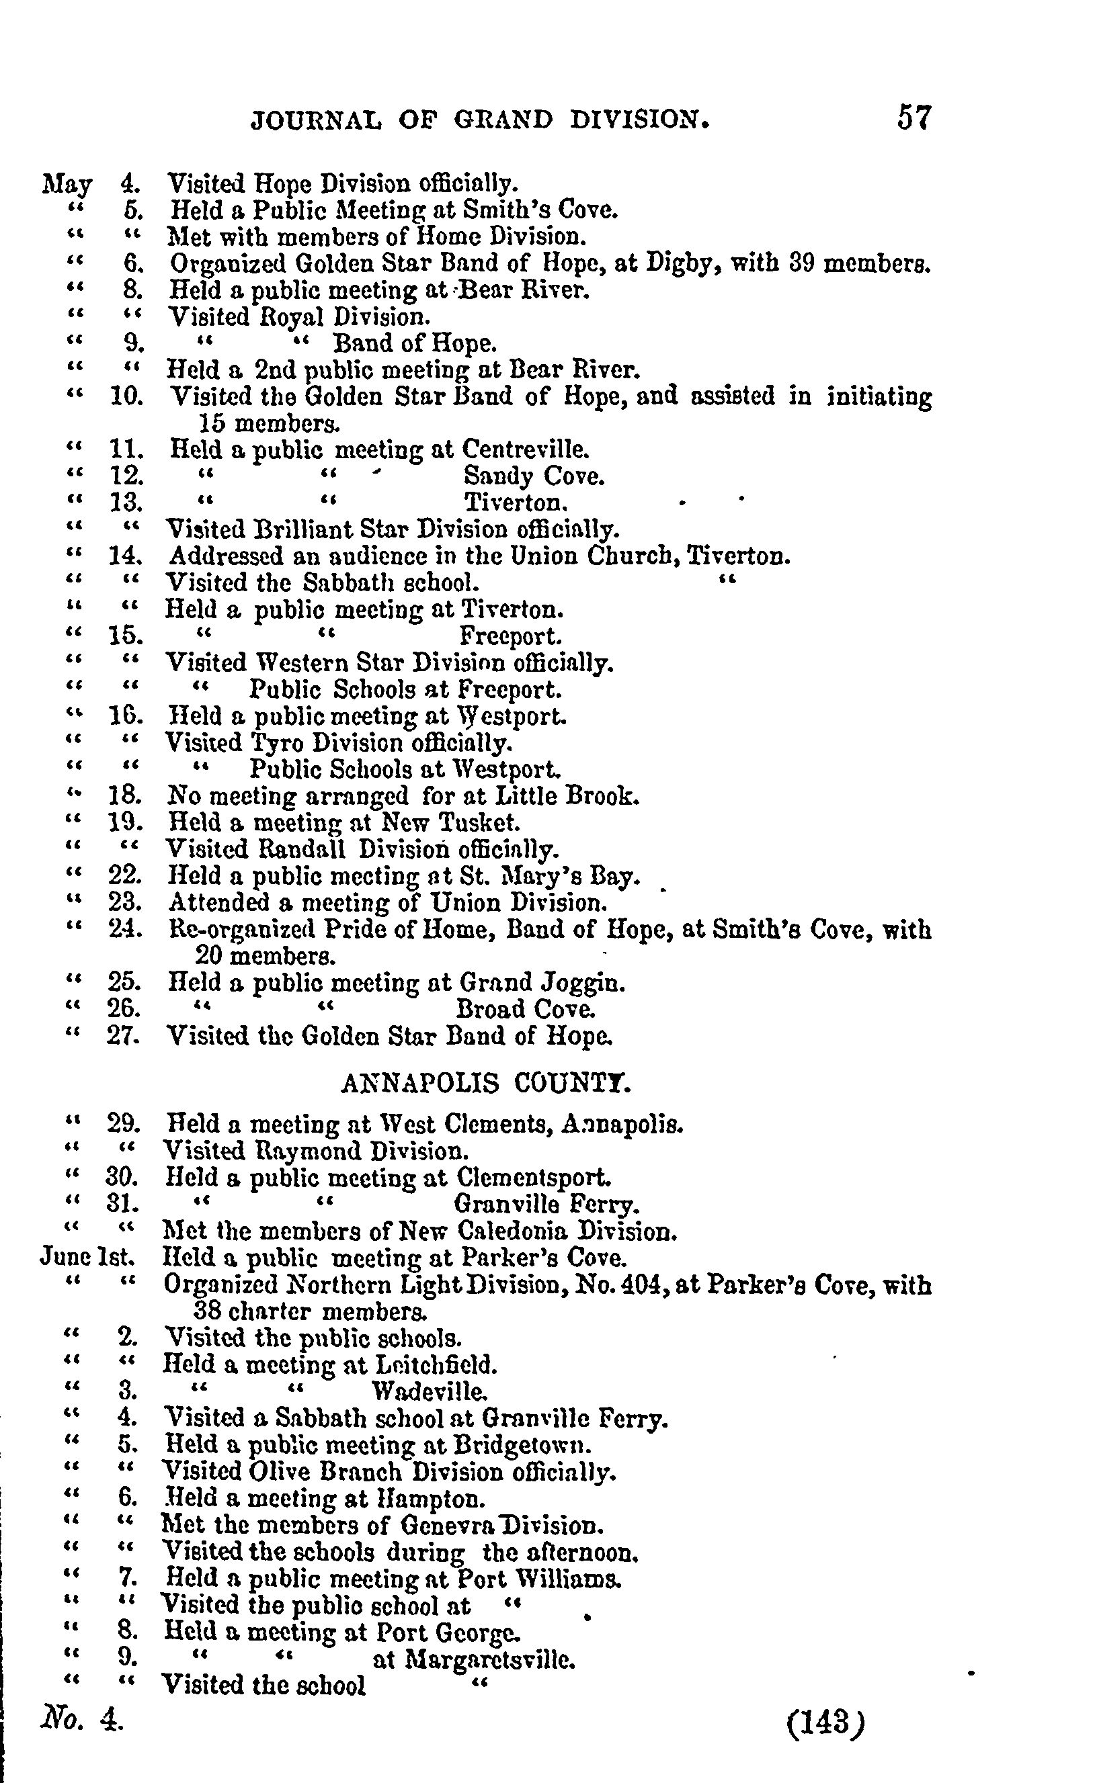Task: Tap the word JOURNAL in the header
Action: coord(315,120)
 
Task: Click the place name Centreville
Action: coord(525,450)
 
